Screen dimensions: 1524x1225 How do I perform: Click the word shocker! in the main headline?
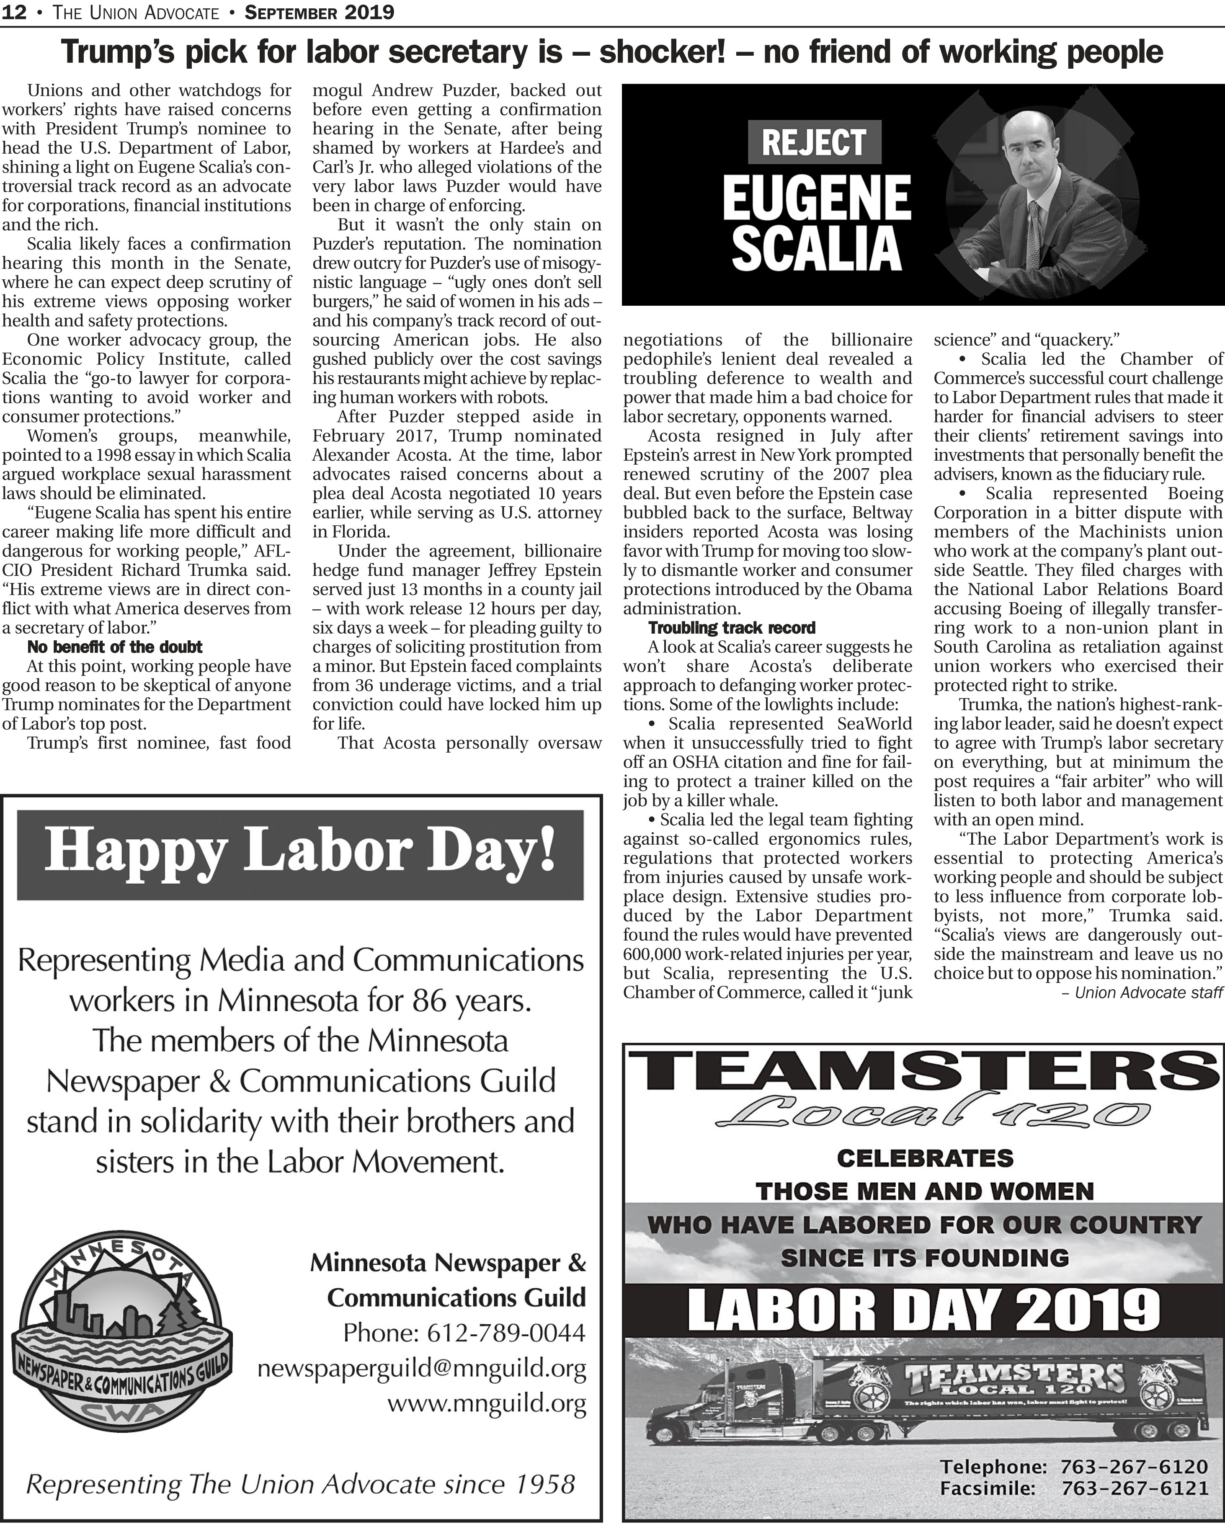[661, 52]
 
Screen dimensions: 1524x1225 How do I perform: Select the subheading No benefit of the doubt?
[114, 647]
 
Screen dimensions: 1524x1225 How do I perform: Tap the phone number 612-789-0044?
[464, 1333]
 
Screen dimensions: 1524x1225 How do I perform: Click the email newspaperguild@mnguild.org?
[421, 1369]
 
